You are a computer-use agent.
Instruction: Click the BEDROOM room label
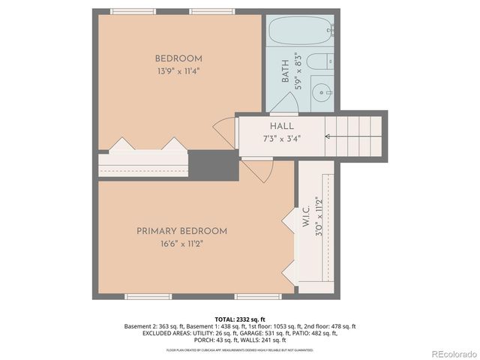(x=178, y=58)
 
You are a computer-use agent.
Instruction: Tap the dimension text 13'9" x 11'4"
(x=178, y=71)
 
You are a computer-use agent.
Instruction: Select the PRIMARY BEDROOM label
(x=181, y=231)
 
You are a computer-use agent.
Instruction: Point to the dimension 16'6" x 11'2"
(x=181, y=244)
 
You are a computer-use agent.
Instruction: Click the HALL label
(x=282, y=127)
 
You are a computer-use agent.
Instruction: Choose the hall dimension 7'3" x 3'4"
(x=282, y=139)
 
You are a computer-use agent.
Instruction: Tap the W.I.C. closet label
(x=307, y=218)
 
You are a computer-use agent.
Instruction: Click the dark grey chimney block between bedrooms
(x=212, y=165)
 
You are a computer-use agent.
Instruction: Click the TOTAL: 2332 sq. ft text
(x=240, y=319)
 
